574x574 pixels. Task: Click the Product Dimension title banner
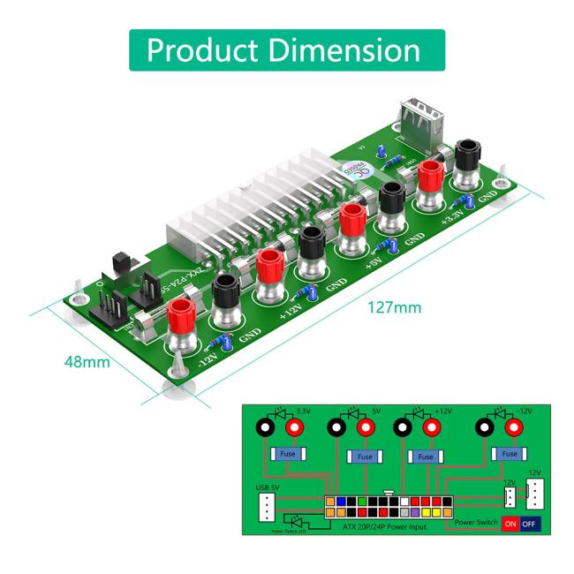coord(287,49)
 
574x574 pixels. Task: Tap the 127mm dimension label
coord(393,308)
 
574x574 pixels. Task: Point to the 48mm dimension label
coord(86,362)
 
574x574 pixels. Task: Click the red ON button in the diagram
coord(510,522)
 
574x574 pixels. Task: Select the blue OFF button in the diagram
coord(530,522)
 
